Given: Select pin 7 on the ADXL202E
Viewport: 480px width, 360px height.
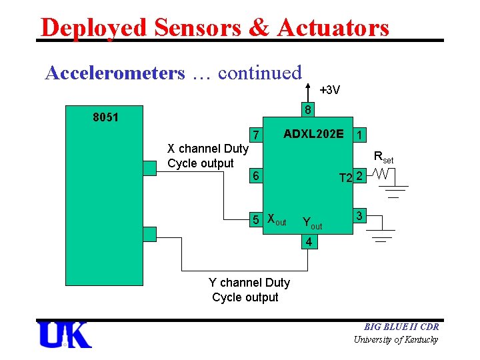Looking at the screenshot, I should click(255, 135).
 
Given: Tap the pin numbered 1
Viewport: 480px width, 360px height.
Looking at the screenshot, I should click(360, 135).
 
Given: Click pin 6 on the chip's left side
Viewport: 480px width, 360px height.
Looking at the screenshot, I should click(255, 176).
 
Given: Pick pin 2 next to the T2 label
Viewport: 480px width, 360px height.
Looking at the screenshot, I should click(359, 177).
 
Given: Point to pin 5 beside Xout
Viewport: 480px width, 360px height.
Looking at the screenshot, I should click(255, 218).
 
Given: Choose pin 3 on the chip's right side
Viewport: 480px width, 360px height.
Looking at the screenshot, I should click(359, 217).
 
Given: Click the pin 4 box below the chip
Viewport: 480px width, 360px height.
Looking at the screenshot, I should click(307, 242).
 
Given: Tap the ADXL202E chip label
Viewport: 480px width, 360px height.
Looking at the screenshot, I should click(313, 134).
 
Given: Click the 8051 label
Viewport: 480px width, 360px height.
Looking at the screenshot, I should click(105, 118).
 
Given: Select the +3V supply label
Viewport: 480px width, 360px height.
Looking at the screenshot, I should click(329, 90).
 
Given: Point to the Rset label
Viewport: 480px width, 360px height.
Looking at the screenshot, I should click(383, 158).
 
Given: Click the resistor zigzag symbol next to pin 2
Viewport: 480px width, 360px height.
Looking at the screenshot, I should click(382, 175).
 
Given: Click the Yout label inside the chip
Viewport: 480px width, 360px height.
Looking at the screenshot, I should click(311, 223).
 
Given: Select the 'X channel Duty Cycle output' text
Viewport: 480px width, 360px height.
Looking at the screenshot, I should click(207, 156).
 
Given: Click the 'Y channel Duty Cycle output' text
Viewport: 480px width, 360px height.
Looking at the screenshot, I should click(249, 290).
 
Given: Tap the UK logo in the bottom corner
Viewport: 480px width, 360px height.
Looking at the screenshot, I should click(65, 335).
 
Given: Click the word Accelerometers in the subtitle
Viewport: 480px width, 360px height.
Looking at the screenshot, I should click(115, 73).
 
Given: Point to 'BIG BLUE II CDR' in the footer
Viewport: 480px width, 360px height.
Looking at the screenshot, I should click(401, 327).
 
